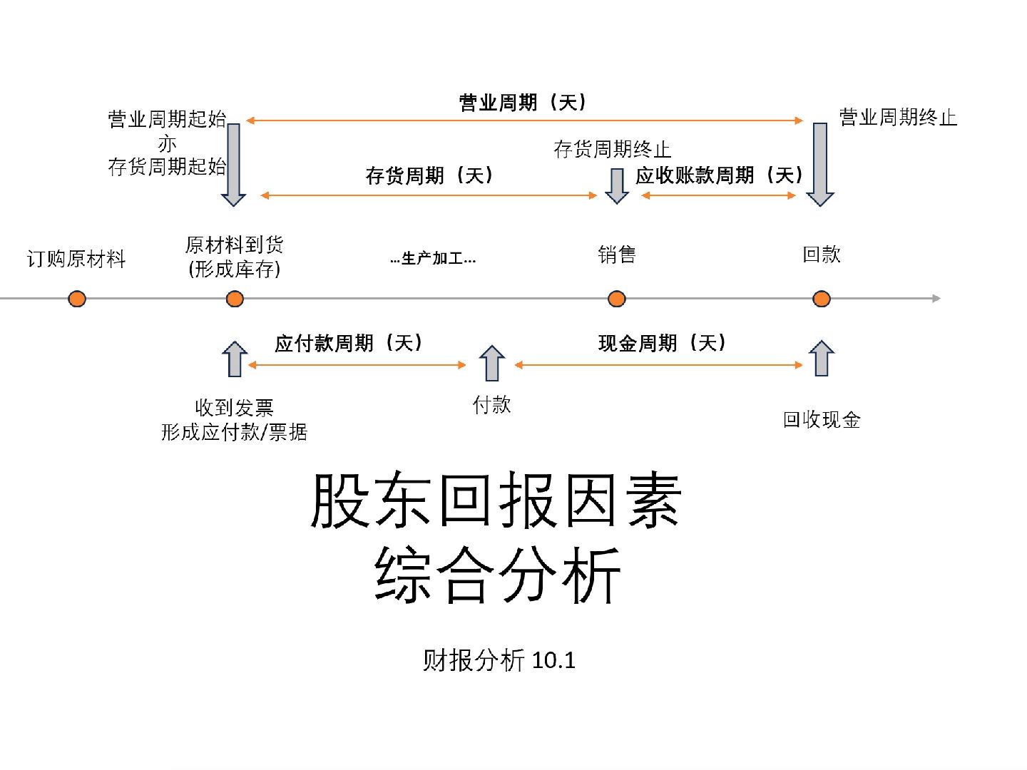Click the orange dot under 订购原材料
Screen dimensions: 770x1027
(77, 299)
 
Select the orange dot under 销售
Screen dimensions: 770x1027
(617, 299)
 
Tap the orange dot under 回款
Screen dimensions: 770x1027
(822, 299)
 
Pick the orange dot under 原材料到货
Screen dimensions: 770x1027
(235, 299)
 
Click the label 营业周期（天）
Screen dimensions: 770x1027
(523, 103)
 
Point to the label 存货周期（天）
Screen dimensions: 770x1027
(429, 175)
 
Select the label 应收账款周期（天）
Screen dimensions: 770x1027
(719, 175)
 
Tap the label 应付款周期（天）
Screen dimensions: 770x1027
(349, 344)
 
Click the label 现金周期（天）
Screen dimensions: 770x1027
(662, 344)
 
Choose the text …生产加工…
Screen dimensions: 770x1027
(433, 258)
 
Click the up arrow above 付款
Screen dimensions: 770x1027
(492, 363)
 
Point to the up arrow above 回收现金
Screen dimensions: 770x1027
(822, 358)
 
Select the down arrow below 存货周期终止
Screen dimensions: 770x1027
(617, 186)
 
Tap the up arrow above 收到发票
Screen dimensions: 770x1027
(235, 359)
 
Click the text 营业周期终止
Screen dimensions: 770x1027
(898, 118)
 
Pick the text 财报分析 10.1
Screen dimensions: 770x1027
(499, 660)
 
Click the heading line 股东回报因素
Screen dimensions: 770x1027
(496, 500)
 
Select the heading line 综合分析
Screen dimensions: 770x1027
(497, 575)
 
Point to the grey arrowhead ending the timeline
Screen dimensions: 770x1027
(936, 298)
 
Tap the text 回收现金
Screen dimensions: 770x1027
(822, 420)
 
